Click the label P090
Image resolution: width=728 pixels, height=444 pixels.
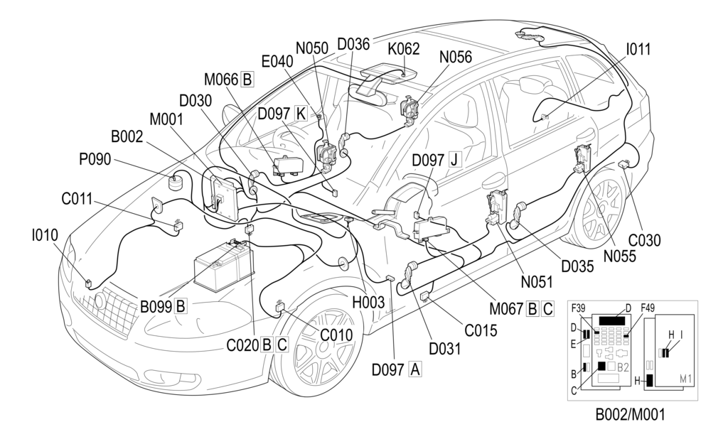pyautogui.click(x=95, y=160)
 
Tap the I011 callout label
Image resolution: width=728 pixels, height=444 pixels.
pyautogui.click(x=638, y=49)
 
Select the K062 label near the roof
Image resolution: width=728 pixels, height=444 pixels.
pyautogui.click(x=403, y=49)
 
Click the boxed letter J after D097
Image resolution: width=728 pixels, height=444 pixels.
pyautogui.click(x=454, y=159)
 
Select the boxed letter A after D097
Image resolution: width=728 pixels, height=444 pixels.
pyautogui.click(x=415, y=369)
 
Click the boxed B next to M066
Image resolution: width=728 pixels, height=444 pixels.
pyautogui.click(x=247, y=79)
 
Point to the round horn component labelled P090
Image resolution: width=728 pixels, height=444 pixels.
pyautogui.click(x=176, y=183)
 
